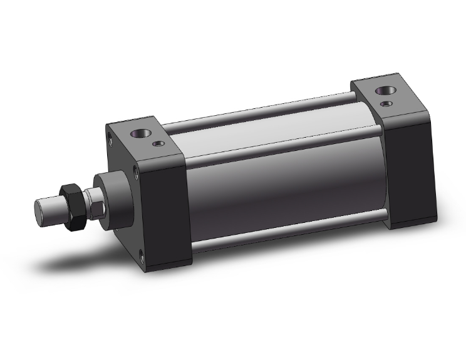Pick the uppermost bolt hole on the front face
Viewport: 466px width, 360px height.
pos(110,133)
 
